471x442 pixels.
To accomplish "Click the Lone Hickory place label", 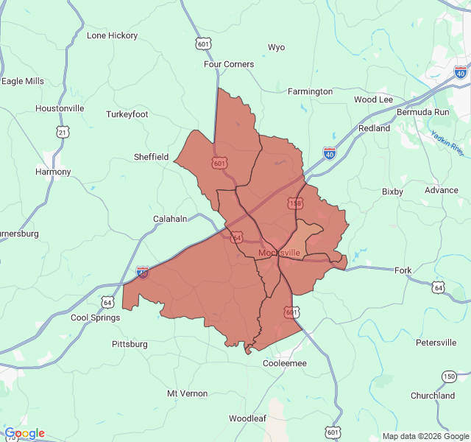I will coord(112,35).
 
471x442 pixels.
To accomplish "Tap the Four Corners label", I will coord(229,64).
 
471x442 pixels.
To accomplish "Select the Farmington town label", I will coord(310,91).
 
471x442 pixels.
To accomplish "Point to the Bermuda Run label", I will coord(422,112).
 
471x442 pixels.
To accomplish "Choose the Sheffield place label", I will coord(151,157).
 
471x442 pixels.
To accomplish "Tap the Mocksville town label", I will coord(279,253).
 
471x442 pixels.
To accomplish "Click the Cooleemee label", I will coord(285,363).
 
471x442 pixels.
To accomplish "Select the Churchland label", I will coord(432,396).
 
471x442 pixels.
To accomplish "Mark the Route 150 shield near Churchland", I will coord(449,376).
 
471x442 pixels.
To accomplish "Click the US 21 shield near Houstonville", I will coord(63,132).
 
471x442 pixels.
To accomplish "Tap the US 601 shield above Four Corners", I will coord(204,43).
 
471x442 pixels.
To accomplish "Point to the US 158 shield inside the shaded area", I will coord(295,203).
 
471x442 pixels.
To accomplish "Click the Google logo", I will coord(24,433).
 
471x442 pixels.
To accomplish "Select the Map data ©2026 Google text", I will coord(425,436).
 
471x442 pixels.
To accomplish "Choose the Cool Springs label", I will coord(94,318).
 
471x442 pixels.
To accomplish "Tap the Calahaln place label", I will coord(170,219).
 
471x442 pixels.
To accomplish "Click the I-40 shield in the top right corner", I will coord(460,72).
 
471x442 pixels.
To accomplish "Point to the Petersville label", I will coord(436,343).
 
